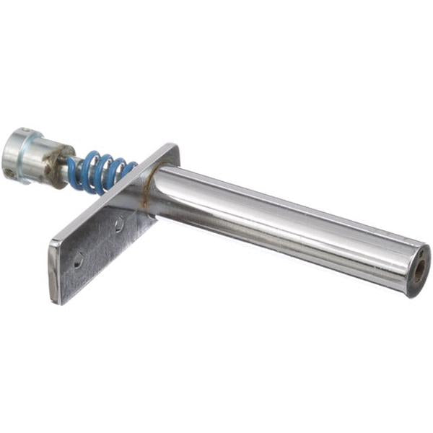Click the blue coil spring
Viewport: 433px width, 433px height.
point(101,172)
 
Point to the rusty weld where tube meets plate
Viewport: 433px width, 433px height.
point(148,193)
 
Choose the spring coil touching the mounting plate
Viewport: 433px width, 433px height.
point(128,170)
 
